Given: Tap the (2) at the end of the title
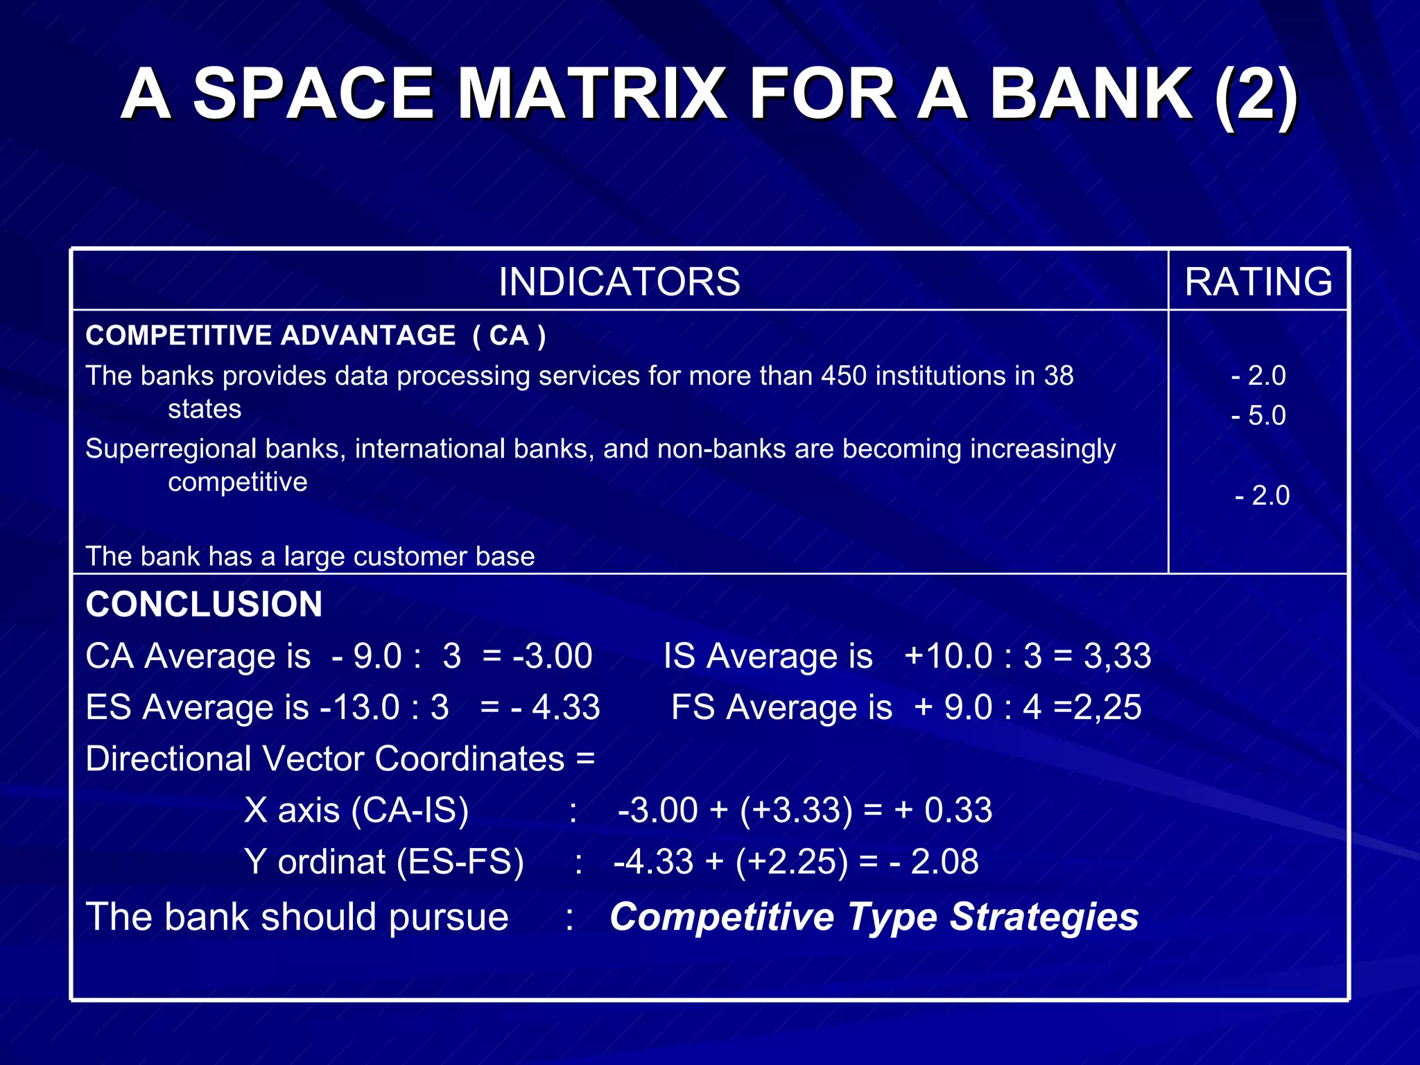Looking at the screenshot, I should pyautogui.click(x=1256, y=95).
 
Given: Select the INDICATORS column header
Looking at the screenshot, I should pyautogui.click(x=619, y=282).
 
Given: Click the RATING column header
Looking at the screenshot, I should pyautogui.click(x=1258, y=282).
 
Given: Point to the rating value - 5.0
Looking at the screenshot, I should pyautogui.click(x=1258, y=415).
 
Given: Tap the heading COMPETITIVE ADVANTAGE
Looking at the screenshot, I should pyautogui.click(x=270, y=336).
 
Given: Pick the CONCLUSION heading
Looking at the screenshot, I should pyautogui.click(x=204, y=604).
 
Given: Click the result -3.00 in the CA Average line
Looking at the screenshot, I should pyautogui.click(x=553, y=656).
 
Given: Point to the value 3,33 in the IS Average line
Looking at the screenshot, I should pyautogui.click(x=1117, y=656).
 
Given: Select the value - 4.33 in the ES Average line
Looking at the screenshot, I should pyautogui.click(x=555, y=707).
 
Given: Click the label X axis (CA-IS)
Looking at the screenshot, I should pyautogui.click(x=356, y=810).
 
